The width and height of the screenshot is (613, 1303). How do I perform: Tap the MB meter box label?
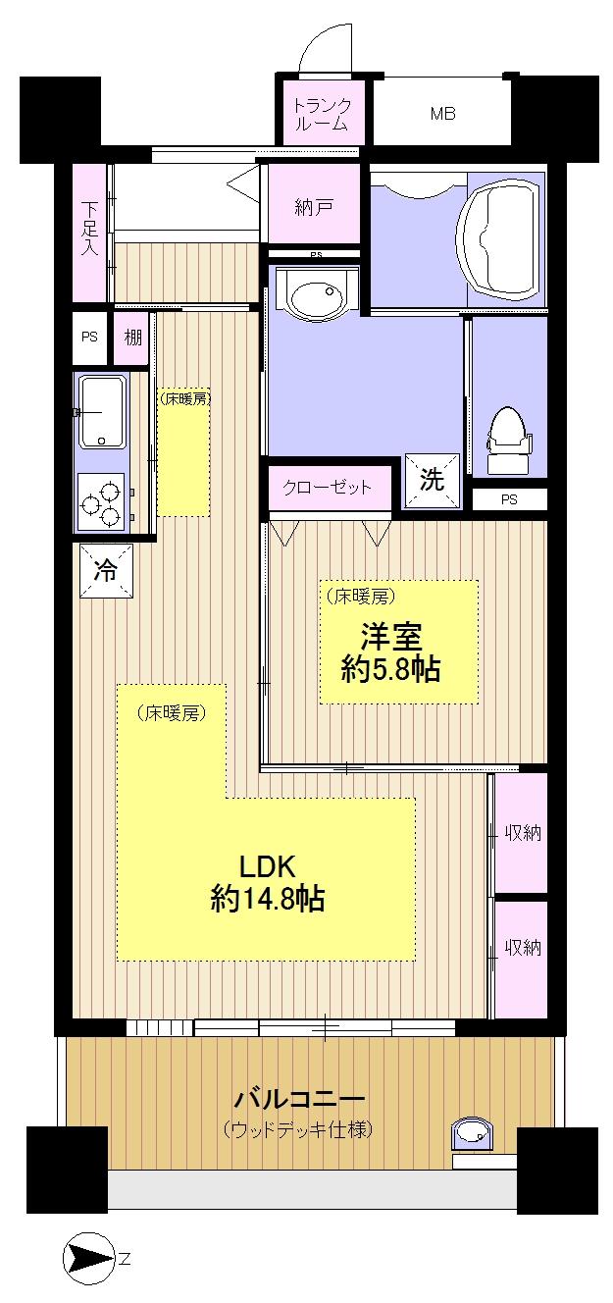[441, 114]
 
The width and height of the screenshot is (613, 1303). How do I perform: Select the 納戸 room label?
[314, 207]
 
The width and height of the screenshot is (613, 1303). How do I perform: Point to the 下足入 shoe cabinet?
[89, 232]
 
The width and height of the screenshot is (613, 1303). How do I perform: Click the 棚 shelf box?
[130, 336]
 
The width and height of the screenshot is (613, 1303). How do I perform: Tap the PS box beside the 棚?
[89, 336]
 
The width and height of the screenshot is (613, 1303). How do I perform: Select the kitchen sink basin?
[101, 411]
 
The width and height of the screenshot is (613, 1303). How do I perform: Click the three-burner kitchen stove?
[102, 501]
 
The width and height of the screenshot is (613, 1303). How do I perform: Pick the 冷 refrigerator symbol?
[103, 568]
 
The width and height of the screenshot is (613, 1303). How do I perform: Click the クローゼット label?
[328, 487]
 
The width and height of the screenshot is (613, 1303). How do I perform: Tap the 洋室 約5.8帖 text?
[389, 652]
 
